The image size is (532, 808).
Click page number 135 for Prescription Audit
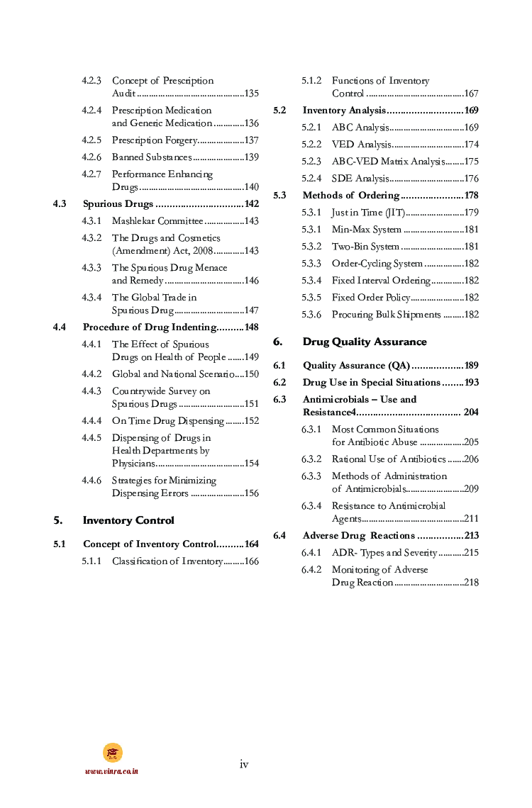(251, 94)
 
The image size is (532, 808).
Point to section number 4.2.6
(92, 157)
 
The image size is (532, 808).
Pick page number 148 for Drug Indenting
(251, 327)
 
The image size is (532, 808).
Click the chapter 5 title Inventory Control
(128, 520)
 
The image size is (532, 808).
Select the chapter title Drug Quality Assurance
(365, 342)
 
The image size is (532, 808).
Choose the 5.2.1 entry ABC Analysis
(360, 128)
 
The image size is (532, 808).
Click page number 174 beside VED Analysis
(471, 145)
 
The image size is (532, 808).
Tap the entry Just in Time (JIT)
(367, 213)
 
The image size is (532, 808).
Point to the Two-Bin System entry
(365, 247)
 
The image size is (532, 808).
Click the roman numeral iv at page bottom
(244, 763)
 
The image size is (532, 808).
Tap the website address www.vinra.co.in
(111, 771)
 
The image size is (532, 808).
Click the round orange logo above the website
(112, 753)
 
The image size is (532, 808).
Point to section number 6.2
(279, 383)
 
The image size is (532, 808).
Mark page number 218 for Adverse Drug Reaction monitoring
(471, 583)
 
